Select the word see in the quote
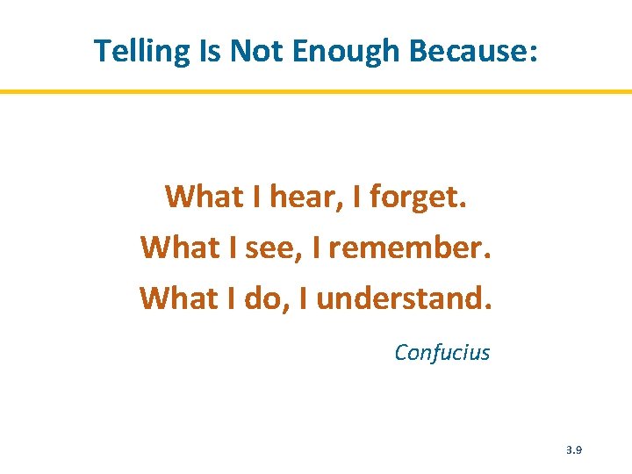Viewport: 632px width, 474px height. pos(271,248)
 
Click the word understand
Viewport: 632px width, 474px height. pos(405,299)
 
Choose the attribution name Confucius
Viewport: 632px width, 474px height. pos(442,353)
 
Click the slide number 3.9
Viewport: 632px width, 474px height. pos(574,449)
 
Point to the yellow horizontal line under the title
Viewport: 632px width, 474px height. pos(316,91)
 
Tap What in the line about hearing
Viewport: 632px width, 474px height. pos(202,197)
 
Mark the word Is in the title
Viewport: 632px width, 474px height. pos(210,52)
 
